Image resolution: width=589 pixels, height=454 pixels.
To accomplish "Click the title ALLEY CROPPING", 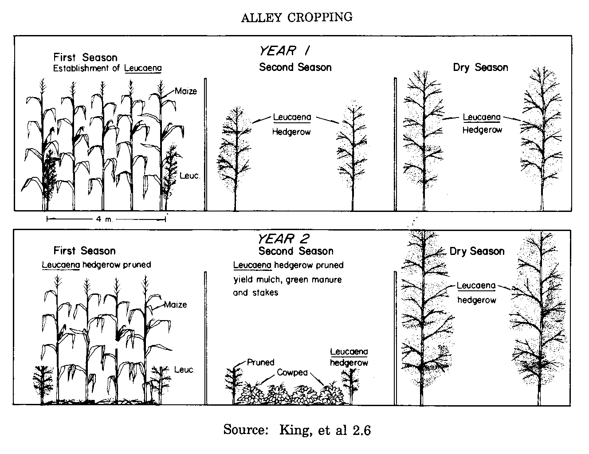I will coord(297,17).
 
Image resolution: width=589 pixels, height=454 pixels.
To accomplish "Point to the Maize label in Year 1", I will coord(185,91).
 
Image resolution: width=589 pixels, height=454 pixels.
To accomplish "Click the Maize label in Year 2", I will coord(176,305).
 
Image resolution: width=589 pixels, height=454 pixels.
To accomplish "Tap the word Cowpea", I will coord(292,372).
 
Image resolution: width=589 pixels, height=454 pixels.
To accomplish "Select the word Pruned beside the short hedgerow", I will coord(261,362).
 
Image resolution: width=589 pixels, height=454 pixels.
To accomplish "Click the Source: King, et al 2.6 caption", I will coord(297,430).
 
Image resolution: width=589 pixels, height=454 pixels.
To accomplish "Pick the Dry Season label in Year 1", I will coord(480,67).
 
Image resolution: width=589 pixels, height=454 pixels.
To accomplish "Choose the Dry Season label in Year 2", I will coord(477,251).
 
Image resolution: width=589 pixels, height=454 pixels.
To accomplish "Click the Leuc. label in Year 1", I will coord(190,175).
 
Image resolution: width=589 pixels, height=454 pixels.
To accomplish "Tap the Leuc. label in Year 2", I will coord(185,369).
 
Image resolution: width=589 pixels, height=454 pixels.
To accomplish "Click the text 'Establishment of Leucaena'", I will coord(107,68).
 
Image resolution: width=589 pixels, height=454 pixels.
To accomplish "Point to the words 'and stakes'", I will coord(255,293).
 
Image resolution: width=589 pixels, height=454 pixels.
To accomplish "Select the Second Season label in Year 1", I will coord(295,67).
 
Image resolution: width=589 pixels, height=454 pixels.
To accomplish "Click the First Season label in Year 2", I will coord(84,250).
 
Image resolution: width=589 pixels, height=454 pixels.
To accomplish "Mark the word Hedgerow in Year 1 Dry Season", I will coord(482,130).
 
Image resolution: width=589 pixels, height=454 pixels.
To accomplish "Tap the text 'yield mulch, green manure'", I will coord(287,280).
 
